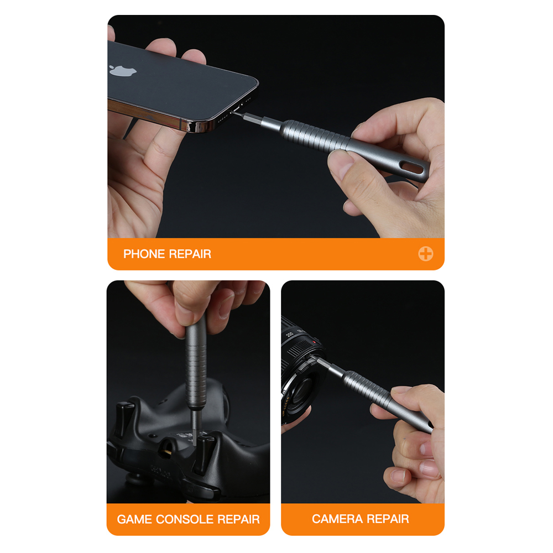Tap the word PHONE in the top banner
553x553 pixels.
(144, 254)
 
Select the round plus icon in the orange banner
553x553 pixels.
(426, 254)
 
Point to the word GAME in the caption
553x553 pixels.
(135, 519)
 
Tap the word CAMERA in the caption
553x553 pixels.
(337, 519)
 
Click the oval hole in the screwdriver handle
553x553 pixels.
(413, 168)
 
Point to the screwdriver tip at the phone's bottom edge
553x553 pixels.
(233, 112)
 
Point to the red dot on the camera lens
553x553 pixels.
(314, 342)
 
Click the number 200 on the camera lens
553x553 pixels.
(290, 333)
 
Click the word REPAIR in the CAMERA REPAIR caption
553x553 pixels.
(388, 519)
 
